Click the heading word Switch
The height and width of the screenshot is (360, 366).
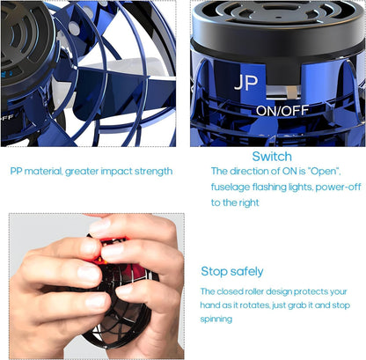click(272, 156)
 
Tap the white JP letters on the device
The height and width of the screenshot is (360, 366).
click(245, 84)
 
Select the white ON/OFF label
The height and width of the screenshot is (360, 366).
click(282, 111)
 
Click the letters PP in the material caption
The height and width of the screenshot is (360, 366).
click(16, 171)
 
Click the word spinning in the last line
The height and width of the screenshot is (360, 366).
click(216, 319)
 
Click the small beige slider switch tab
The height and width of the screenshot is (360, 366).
click(290, 92)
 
